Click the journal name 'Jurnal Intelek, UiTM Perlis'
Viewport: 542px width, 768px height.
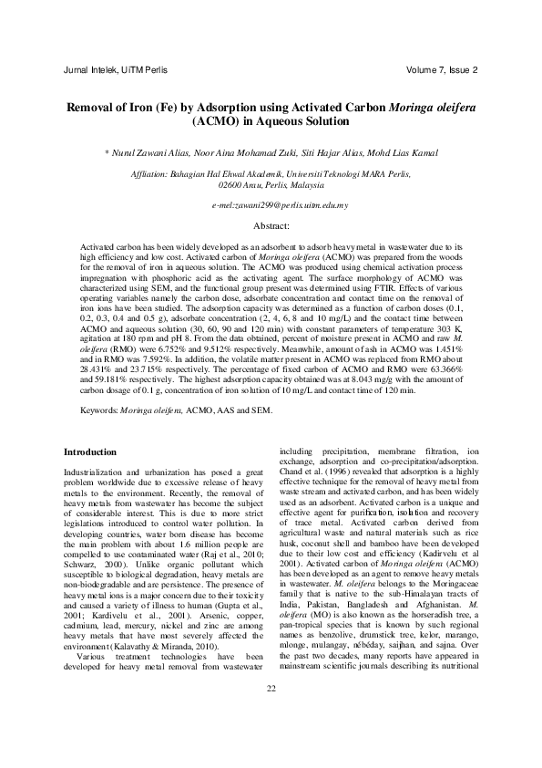(x=115, y=69)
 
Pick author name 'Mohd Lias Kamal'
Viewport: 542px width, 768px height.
(x=399, y=154)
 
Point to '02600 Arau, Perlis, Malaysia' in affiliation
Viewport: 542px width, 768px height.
(x=271, y=183)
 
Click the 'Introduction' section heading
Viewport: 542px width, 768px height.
(x=89, y=451)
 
